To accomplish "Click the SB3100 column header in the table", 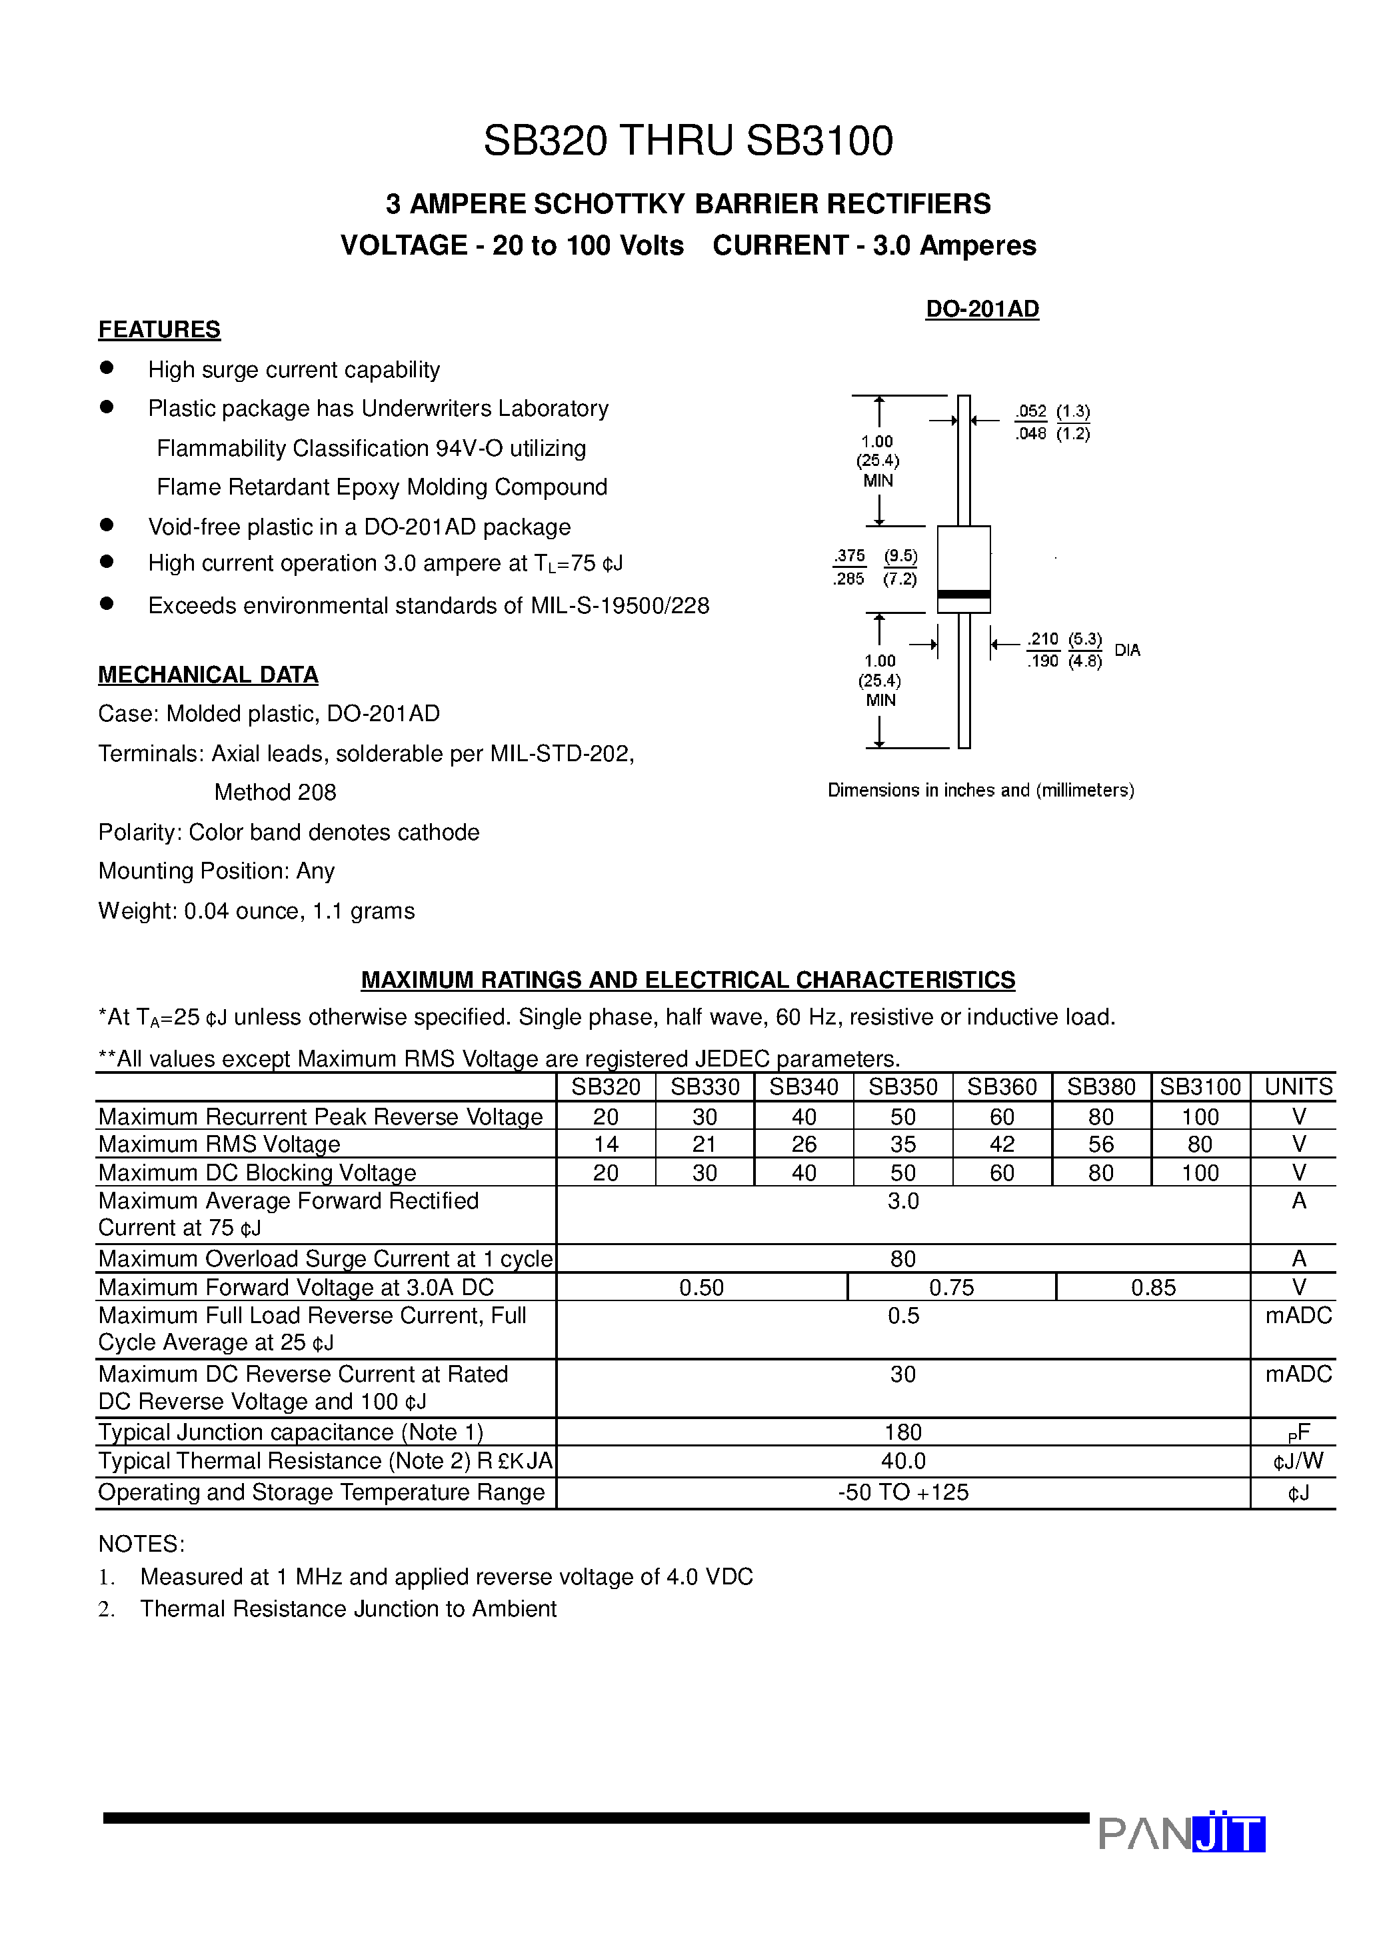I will [x=1200, y=1086].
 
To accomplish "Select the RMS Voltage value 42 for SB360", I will [x=1002, y=1144].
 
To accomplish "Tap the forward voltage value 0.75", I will [x=951, y=1288].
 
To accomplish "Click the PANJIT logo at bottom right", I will [x=1182, y=1834].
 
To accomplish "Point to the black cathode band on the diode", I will [x=964, y=594].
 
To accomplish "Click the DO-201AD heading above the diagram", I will [x=982, y=309].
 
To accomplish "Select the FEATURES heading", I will [x=159, y=329].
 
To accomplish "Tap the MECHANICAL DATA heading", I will [x=208, y=675].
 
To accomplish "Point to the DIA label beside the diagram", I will [x=1128, y=651].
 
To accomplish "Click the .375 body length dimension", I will [x=849, y=556].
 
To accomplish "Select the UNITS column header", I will [x=1298, y=1086].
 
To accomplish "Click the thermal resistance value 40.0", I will [x=902, y=1461].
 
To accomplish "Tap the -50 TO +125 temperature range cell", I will [x=902, y=1492].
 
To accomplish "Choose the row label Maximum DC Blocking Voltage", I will [x=257, y=1173].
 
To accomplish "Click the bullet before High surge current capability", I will [x=107, y=367].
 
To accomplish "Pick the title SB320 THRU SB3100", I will [x=688, y=141].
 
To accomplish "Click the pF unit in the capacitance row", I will [x=1298, y=1434].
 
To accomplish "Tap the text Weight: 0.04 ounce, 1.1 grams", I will [x=257, y=911].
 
